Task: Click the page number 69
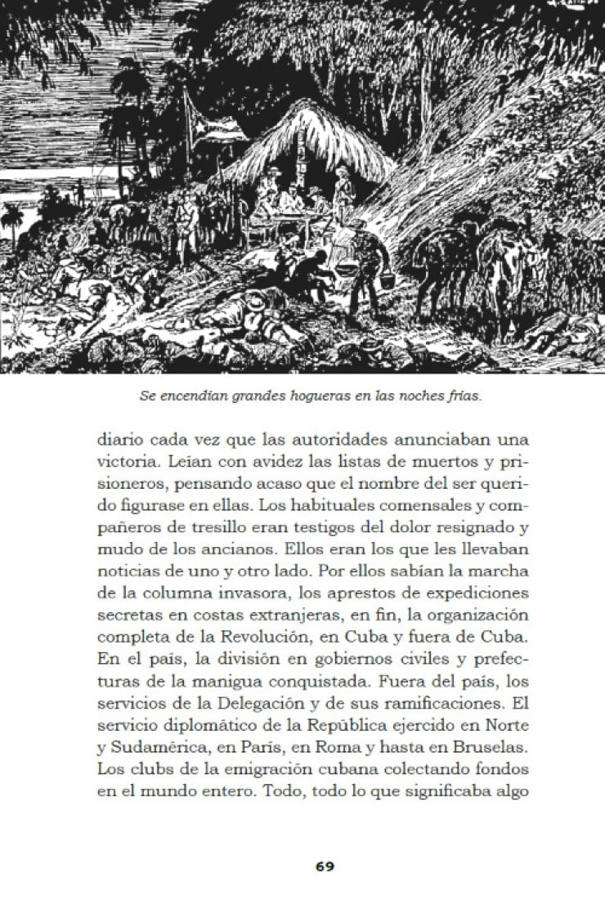point(325,866)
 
